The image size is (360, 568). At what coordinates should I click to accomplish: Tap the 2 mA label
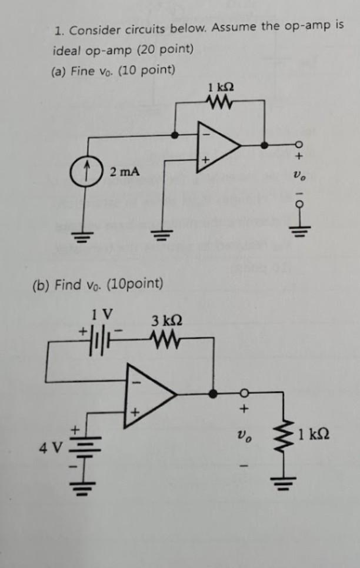point(125,172)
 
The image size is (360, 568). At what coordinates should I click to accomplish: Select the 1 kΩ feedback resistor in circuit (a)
point(221,105)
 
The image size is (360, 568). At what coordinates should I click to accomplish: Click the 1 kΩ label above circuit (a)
point(221,88)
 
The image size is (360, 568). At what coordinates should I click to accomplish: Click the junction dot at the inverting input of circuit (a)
point(174,135)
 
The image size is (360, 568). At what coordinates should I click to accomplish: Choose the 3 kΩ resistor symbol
point(164,339)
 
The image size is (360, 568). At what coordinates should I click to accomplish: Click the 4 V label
point(49,448)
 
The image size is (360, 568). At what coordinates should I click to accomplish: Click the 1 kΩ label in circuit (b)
point(313,436)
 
